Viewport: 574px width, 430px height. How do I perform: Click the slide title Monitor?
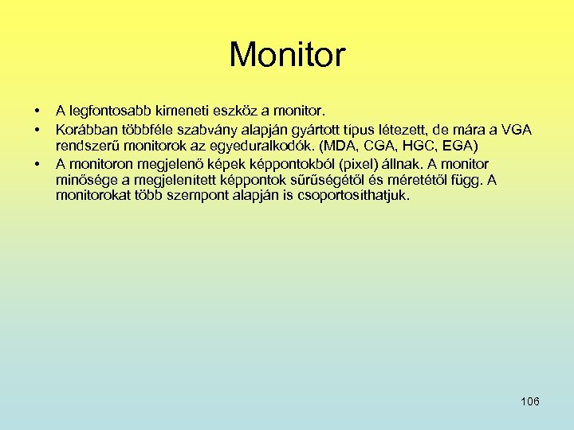click(x=287, y=55)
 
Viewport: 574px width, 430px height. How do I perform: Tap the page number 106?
click(x=529, y=401)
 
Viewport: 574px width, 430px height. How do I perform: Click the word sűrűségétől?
click(x=340, y=180)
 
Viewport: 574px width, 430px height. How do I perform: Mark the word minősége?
click(x=86, y=180)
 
